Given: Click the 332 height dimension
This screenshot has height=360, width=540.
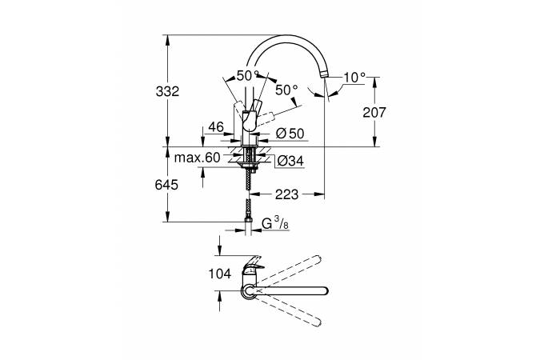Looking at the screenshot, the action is point(167,92).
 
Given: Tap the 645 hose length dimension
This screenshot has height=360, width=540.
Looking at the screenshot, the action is point(166,185).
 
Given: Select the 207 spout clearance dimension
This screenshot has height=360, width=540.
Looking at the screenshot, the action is point(374,112).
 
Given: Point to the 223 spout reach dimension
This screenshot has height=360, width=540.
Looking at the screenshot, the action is point(286,194).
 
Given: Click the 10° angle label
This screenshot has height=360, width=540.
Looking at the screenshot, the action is point(354,78).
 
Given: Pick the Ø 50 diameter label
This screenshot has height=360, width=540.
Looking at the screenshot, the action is point(290,134).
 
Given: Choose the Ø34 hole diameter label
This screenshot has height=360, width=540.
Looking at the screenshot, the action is point(290,161).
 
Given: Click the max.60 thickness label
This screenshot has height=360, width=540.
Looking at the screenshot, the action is point(197,158).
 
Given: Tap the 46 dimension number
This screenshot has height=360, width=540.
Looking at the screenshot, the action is point(216,126).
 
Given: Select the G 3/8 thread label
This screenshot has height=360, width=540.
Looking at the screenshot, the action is point(275,223).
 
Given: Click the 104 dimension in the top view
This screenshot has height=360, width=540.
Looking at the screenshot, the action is point(220,274).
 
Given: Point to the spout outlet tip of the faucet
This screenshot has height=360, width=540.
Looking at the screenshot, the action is point(324,74).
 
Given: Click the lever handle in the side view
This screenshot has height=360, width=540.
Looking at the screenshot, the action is point(250,117).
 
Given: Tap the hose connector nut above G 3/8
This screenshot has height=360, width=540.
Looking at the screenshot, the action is point(248,220).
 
